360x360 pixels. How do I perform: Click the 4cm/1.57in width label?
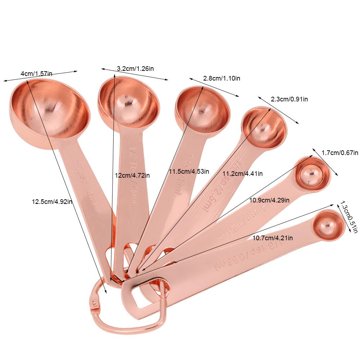[36, 74]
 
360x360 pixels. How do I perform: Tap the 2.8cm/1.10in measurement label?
[222, 78]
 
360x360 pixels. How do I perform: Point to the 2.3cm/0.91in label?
[290, 99]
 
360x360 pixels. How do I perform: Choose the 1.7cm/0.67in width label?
[340, 152]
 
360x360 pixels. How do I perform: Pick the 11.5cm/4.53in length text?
[189, 171]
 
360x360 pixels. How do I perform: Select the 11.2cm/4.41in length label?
[242, 174]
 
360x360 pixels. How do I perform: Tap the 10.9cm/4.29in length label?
[269, 200]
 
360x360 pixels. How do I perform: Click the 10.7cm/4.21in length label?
[272, 238]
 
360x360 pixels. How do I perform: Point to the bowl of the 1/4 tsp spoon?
[312, 174]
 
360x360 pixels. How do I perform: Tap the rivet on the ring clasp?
[95, 303]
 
